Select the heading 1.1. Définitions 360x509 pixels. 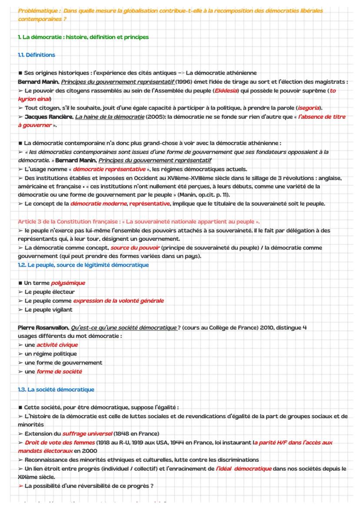tap(37, 55)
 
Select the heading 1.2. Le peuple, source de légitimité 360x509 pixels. tap(83, 265)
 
